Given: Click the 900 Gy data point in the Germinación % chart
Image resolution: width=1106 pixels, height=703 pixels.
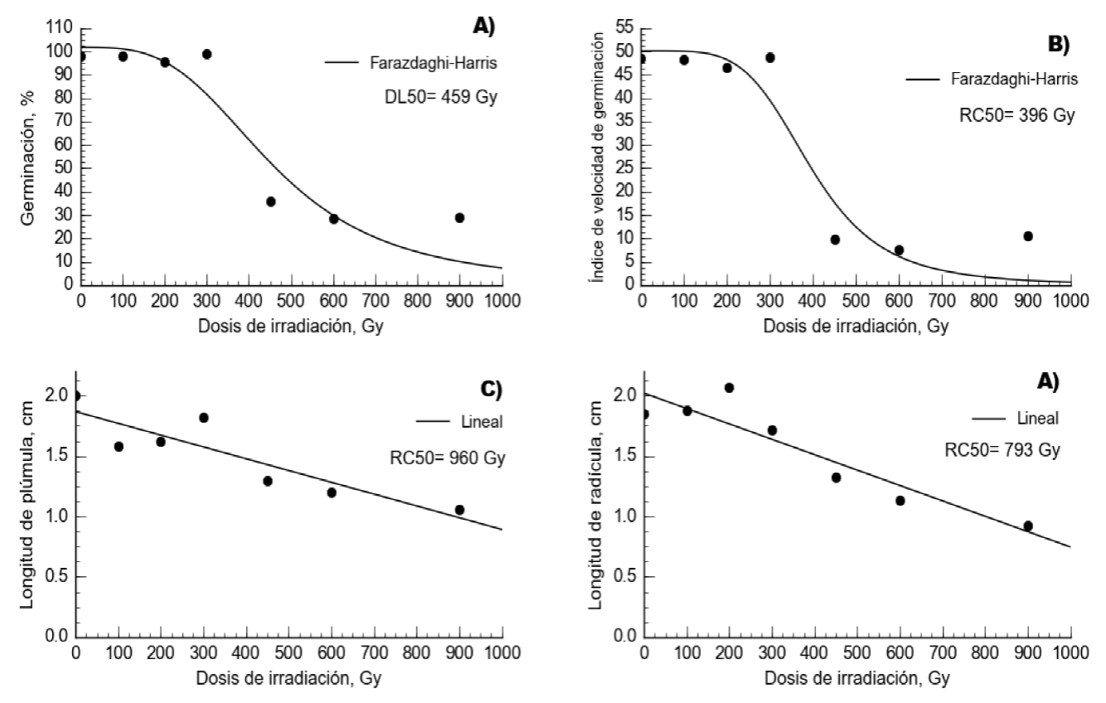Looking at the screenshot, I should click(x=459, y=218).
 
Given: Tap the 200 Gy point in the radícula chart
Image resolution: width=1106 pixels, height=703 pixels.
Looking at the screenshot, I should click(x=729, y=387).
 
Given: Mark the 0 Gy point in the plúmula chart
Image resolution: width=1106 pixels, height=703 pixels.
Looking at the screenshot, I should click(x=76, y=395).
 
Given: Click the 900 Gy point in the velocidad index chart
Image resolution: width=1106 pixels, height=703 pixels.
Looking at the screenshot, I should click(x=1027, y=236).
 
